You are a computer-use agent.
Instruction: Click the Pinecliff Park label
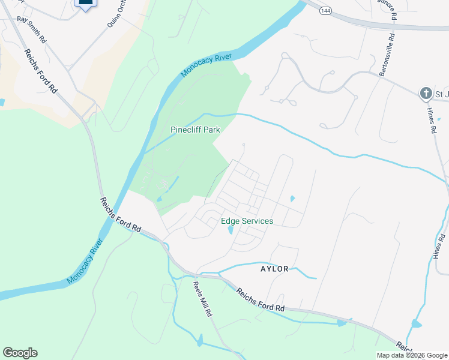pos(195,130)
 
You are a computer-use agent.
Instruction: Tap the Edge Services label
pos(247,221)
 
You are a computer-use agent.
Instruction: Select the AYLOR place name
pos(274,269)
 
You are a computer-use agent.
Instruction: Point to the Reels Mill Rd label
pos(203,299)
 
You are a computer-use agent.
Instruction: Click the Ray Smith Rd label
pos(31,28)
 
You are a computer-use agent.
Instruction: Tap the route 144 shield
pos(325,11)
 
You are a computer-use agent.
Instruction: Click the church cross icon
pos(425,93)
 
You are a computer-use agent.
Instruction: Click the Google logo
pos(20,353)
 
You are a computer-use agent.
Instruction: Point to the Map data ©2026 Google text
pos(412,355)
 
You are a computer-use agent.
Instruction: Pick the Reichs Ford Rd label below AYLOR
pos(260,299)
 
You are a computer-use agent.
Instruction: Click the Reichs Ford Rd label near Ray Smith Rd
pos(40,70)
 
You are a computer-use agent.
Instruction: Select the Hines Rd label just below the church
pos(432,119)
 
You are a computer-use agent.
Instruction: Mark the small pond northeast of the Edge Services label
pos(292,199)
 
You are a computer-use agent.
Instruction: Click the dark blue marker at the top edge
pos(86,4)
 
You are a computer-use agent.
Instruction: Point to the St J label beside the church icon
pos(441,94)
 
